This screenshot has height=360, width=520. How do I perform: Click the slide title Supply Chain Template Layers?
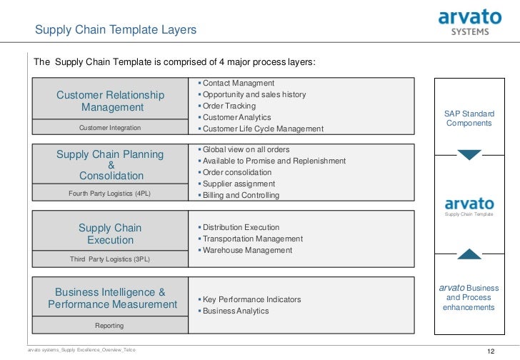[116, 30]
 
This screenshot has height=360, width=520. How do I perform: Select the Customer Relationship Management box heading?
[111, 101]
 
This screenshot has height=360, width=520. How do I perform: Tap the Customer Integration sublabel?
[110, 128]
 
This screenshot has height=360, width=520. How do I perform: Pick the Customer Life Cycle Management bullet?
[262, 129]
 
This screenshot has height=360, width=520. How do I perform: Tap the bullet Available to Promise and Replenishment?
[274, 161]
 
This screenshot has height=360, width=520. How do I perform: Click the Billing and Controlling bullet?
[241, 195]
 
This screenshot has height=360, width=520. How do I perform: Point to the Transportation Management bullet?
[252, 239]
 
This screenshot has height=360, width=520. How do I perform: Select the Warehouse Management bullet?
[247, 250]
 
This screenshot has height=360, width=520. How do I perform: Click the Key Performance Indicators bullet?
[251, 299]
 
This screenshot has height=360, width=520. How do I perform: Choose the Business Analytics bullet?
[236, 311]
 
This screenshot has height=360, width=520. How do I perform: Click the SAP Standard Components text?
[469, 119]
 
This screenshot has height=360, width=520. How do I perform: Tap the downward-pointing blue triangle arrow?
[469, 155]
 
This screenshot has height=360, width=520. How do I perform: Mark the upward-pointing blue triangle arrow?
[469, 254]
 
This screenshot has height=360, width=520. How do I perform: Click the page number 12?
[490, 351]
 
